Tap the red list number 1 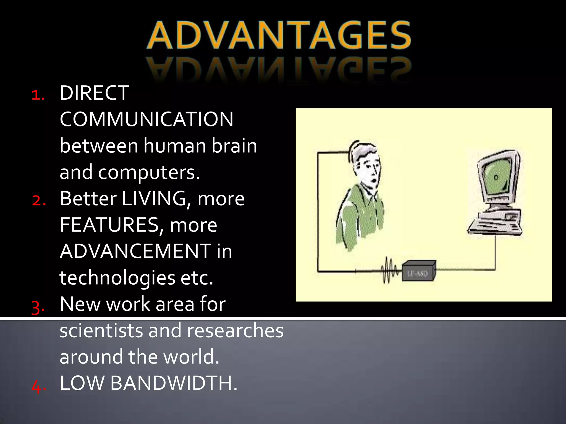[x=38, y=95]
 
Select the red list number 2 [x=38, y=200]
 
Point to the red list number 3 [x=38, y=307]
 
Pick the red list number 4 [x=38, y=386]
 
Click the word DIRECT [x=94, y=93]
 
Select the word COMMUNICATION [x=146, y=119]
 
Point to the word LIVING [x=154, y=199]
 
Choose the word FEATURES [x=109, y=225]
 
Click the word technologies [x=117, y=278]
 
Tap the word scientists [x=101, y=331]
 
